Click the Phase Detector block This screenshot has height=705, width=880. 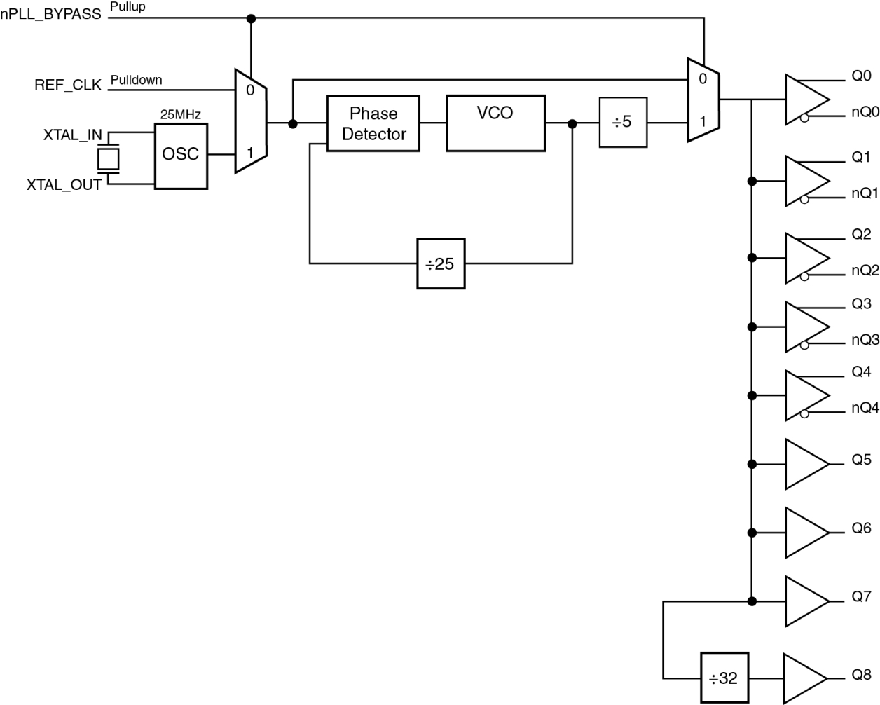[x=373, y=123]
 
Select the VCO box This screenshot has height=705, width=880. [x=495, y=123]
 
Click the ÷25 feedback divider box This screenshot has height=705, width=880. [x=441, y=263]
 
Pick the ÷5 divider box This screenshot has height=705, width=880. [x=623, y=122]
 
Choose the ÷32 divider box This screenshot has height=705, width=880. [x=724, y=678]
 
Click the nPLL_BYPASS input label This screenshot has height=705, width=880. [x=51, y=14]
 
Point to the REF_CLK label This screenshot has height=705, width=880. [x=68, y=85]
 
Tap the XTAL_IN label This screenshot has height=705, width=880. [x=72, y=135]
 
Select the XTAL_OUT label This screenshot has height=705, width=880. [x=64, y=185]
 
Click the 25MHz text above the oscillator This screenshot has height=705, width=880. [x=181, y=114]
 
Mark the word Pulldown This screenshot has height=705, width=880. [x=136, y=80]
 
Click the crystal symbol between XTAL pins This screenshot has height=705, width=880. [x=108, y=159]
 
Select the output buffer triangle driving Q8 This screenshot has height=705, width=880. [x=803, y=678]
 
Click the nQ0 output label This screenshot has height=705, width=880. [x=865, y=112]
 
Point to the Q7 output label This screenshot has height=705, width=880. [x=861, y=596]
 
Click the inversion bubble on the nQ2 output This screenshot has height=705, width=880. [x=804, y=277]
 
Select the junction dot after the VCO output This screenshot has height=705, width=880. [x=572, y=124]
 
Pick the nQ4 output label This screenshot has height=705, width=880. [x=865, y=408]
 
